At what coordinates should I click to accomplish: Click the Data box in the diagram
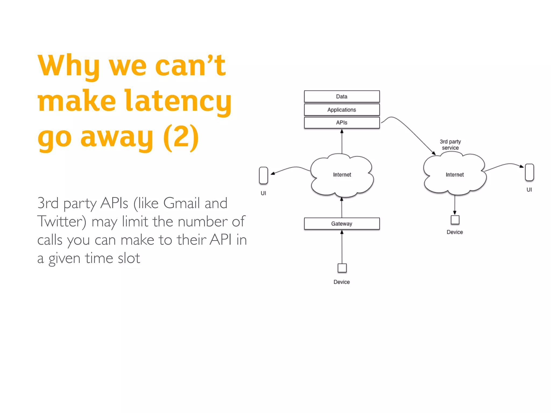342,96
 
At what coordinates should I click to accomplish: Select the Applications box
342,110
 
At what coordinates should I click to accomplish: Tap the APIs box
342,123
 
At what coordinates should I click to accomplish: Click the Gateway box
342,224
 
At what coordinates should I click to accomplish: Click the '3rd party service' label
450,145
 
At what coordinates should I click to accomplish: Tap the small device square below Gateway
342,268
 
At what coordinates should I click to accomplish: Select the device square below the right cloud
455,220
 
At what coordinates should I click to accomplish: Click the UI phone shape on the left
263,175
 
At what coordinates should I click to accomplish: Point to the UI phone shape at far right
529,172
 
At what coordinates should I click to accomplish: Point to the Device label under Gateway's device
342,282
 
